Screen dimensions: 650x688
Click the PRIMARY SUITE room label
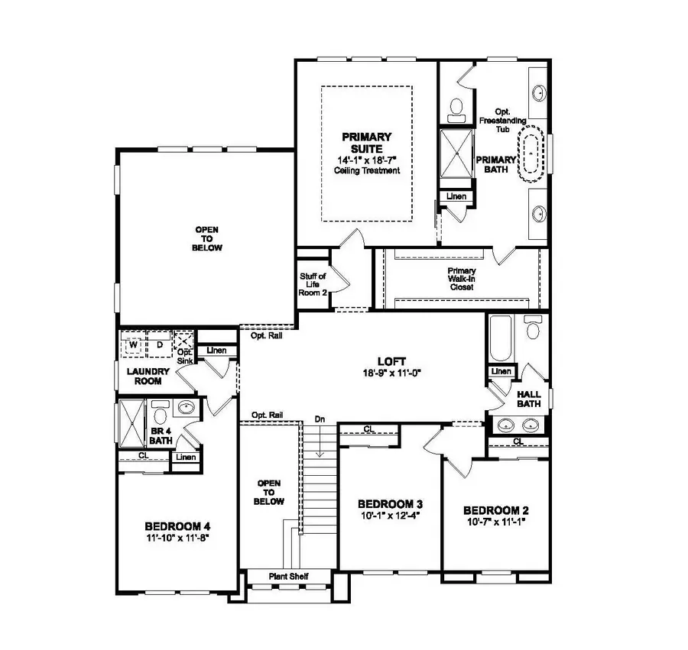(367, 143)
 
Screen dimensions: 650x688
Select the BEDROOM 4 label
(177, 526)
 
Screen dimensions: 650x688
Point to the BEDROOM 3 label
(391, 504)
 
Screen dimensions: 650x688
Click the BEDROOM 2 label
(496, 510)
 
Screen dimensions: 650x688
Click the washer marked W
(133, 344)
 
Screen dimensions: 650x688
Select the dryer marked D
(160, 344)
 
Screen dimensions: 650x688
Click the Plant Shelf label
(288, 576)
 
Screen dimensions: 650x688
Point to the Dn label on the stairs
(320, 419)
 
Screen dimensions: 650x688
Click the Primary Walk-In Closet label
(462, 279)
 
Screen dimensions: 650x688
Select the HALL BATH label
(528, 399)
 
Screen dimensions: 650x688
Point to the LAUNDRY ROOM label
(148, 375)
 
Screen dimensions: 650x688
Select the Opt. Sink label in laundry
(184, 356)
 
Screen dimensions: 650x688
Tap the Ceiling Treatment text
(367, 170)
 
